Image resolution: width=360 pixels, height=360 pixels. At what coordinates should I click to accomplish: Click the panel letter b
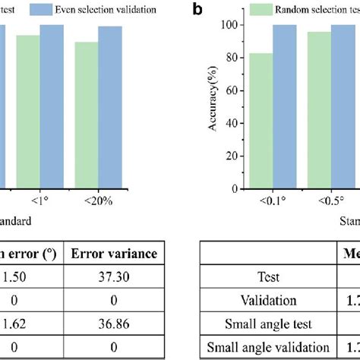click(x=197, y=11)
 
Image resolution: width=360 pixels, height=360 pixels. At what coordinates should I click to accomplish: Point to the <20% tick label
click(x=98, y=202)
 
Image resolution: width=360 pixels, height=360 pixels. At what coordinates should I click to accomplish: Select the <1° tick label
click(x=39, y=202)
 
